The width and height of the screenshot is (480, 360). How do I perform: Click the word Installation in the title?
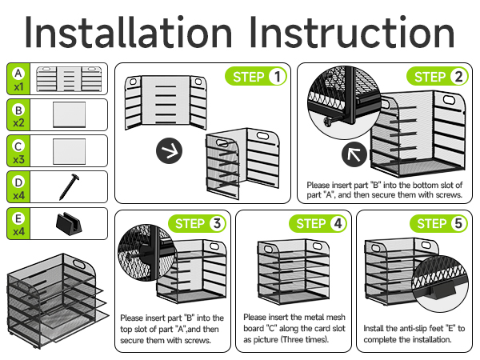point(129,33)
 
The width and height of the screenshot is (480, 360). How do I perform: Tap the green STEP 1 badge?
point(258,78)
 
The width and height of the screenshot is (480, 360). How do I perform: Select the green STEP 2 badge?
point(440,78)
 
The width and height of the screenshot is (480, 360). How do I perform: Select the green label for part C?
point(18,150)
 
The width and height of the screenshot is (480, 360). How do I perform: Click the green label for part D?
point(18,186)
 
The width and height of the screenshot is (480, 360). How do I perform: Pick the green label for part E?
point(18,222)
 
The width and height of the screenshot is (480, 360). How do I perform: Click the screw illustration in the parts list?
point(68,186)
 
